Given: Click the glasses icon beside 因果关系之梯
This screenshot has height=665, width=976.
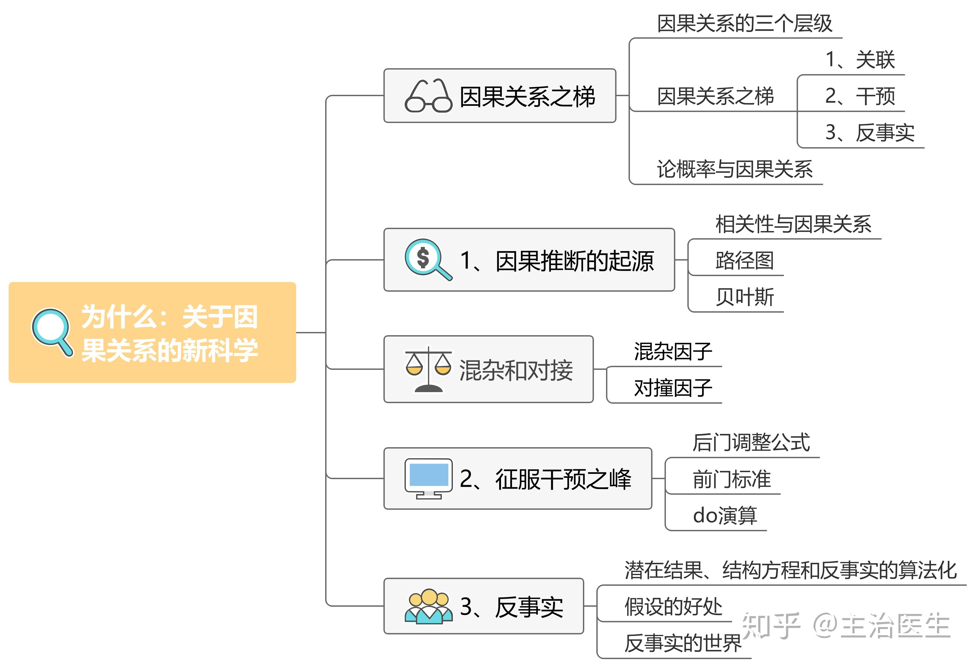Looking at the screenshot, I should [x=428, y=96].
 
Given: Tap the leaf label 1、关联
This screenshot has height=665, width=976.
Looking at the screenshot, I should [x=860, y=60].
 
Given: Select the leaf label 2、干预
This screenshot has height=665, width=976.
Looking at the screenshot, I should [x=860, y=96].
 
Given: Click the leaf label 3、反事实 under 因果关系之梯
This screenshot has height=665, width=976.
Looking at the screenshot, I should [x=869, y=133].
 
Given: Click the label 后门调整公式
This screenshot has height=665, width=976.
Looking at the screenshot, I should [x=751, y=442].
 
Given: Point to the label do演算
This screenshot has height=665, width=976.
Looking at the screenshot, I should [x=725, y=515].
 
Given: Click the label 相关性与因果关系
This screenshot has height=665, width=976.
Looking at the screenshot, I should [x=793, y=224].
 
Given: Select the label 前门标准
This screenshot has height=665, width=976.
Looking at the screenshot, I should [x=732, y=479].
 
